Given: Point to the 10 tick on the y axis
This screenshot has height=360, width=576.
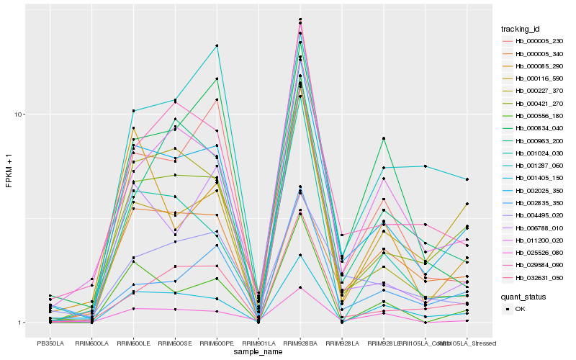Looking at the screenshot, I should pyautogui.click(x=20, y=114).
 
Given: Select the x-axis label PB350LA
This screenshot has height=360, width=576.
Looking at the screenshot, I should pyautogui.click(x=50, y=342).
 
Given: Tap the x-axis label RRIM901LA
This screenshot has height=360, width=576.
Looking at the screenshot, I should pyautogui.click(x=258, y=342).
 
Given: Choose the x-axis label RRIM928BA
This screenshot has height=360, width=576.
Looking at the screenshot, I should pyautogui.click(x=300, y=342).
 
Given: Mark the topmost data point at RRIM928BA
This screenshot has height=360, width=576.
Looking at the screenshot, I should pyautogui.click(x=300, y=19).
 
